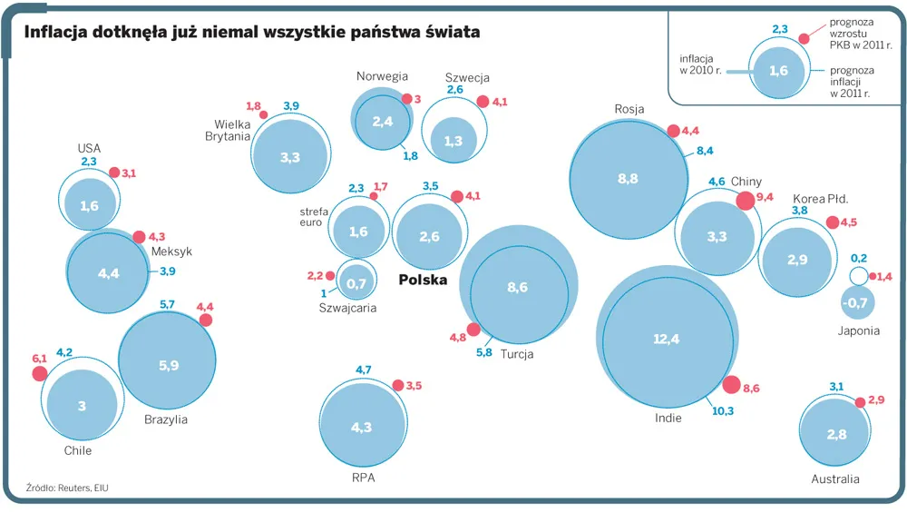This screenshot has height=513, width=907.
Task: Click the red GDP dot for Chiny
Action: [746, 201]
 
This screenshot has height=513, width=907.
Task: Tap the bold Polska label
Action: [423, 281]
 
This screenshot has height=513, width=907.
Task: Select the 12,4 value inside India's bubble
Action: [666, 340]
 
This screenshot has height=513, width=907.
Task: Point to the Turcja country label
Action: [517, 354]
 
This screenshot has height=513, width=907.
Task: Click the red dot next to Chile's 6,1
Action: [40, 373]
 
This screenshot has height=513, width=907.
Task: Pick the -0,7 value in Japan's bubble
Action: [854, 302]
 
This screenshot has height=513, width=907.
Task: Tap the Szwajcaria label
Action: [347, 308]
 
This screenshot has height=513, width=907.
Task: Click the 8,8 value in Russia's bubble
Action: [628, 179]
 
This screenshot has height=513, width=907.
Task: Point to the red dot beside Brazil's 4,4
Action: [206, 321]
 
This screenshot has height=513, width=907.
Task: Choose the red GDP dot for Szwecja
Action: [483, 102]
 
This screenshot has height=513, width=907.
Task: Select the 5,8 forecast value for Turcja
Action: [484, 352]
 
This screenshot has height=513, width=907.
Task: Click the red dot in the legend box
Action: [804, 38]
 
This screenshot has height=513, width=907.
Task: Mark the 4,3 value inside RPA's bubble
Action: [361, 427]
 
